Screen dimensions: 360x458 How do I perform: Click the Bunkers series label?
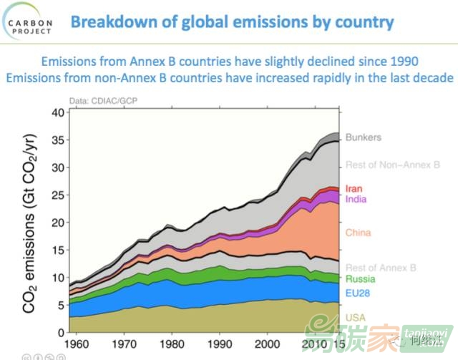pyautogui.click(x=364, y=137)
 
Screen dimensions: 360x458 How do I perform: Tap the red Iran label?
pyautogui.click(x=354, y=189)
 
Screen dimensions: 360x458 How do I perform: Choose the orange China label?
pyautogui.click(x=358, y=233)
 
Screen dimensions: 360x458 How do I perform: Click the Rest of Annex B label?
pyautogui.click(x=381, y=268)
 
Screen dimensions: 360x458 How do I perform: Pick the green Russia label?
pyautogui.click(x=361, y=279)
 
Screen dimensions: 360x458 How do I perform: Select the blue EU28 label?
pyautogui.click(x=359, y=293)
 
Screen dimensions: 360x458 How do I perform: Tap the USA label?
pyautogui.click(x=356, y=317)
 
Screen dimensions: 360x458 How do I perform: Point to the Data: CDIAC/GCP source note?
pyautogui.click(x=101, y=101)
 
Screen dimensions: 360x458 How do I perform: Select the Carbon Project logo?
pyautogui.click(x=29, y=22)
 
